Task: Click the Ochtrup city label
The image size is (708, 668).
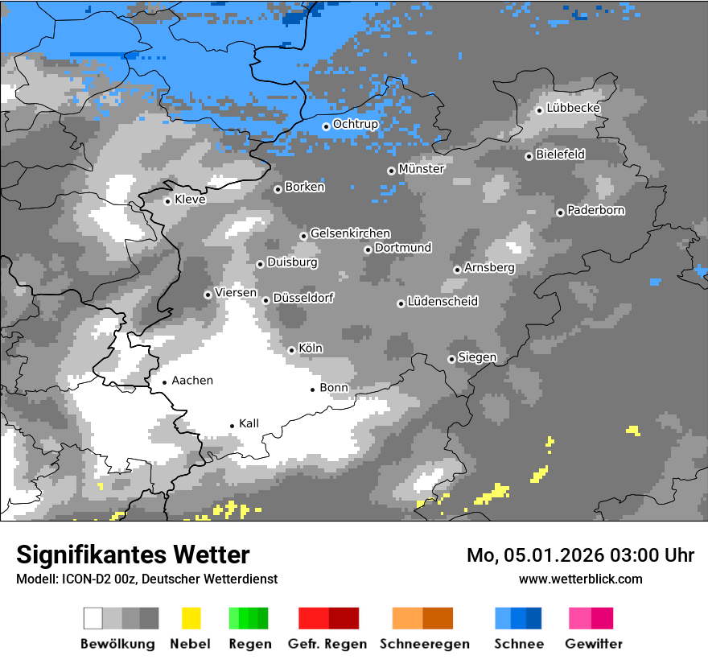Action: (356, 125)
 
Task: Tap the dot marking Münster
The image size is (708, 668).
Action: (391, 171)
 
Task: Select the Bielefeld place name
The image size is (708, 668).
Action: (560, 154)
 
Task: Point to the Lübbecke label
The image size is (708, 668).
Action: (573, 108)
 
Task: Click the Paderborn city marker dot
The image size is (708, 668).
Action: (560, 212)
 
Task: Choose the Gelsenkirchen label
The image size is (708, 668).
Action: (350, 233)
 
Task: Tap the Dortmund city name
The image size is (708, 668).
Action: (403, 248)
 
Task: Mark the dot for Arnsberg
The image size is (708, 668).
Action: (457, 270)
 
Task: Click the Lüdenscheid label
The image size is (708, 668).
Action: (442, 302)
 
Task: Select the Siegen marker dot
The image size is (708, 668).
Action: (451, 359)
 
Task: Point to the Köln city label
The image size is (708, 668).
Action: (311, 348)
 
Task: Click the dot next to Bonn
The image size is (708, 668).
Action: (313, 390)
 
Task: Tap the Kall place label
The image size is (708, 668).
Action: (249, 423)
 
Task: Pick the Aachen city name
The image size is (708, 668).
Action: (192, 381)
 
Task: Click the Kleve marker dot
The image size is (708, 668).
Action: (167, 201)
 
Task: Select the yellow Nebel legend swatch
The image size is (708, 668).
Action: (191, 618)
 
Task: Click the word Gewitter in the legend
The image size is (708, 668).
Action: (594, 644)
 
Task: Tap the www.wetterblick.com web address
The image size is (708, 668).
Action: (580, 579)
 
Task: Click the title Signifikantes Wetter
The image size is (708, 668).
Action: (133, 555)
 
